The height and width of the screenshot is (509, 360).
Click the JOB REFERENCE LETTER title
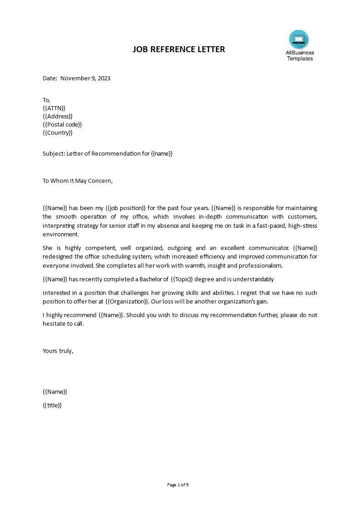pyautogui.click(x=179, y=49)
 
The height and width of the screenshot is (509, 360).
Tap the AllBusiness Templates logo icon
pyautogui.click(x=299, y=39)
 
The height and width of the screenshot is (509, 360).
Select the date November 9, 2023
pyautogui.click(x=85, y=78)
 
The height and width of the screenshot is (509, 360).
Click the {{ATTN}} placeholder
pyautogui.click(x=54, y=108)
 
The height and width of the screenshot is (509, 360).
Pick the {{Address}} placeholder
pyautogui.click(x=58, y=116)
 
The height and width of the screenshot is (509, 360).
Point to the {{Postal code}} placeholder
pyautogui.click(x=62, y=124)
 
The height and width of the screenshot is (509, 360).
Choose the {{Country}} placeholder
pyautogui.click(x=58, y=133)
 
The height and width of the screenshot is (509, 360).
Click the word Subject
pyautogui.click(x=54, y=153)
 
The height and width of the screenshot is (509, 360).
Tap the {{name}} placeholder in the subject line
pyautogui.click(x=162, y=153)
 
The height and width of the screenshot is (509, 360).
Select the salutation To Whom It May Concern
pyautogui.click(x=77, y=181)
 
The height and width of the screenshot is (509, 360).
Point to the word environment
pyautogui.click(x=60, y=234)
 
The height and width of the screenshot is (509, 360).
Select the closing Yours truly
pyautogui.click(x=58, y=350)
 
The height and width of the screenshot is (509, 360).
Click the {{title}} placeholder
pyautogui.click(x=52, y=406)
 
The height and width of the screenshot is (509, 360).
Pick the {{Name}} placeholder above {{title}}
pyautogui.click(x=55, y=392)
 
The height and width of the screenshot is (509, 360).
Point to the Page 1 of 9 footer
pyautogui.click(x=178, y=485)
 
